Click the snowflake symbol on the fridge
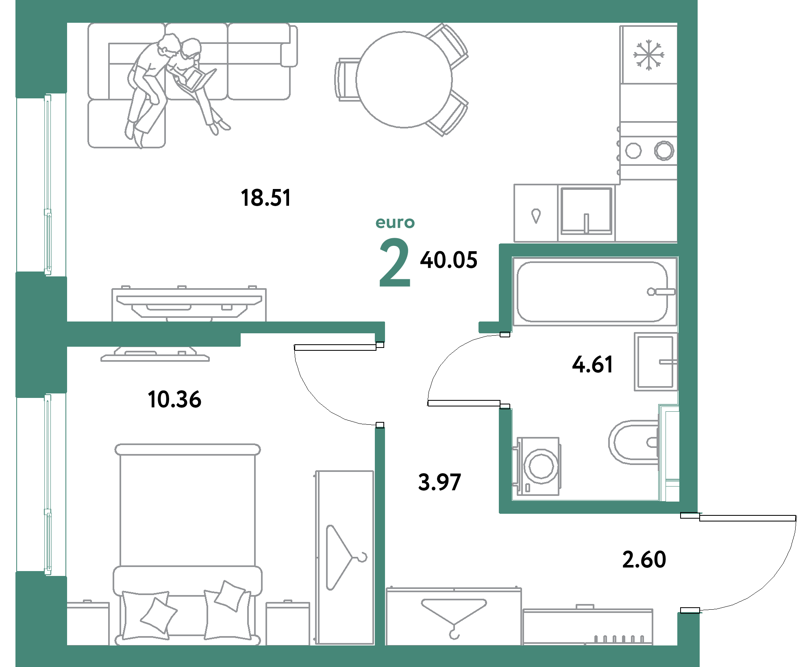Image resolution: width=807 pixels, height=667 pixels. click(x=648, y=54)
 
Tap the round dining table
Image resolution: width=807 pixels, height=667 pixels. click(x=404, y=80)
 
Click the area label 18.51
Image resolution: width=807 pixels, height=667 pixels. click(x=265, y=198)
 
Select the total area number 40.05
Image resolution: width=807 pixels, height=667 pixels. click(x=448, y=260)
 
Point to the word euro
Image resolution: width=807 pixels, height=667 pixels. click(x=395, y=223)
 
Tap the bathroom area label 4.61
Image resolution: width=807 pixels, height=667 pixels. click(x=592, y=364)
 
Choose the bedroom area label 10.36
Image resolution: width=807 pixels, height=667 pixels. click(x=174, y=399)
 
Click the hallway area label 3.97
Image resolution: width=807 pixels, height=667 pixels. click(x=439, y=482)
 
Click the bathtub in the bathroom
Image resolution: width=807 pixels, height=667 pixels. click(x=592, y=291)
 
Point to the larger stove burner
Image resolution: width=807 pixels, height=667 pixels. click(x=664, y=151)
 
